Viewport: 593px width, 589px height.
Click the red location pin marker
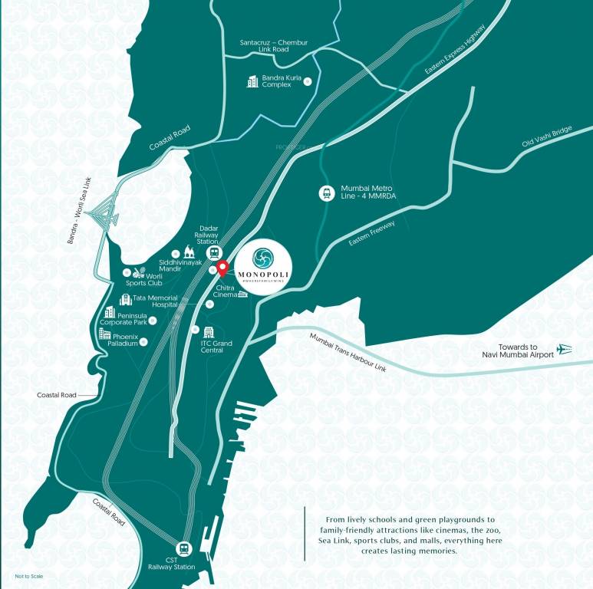point(222,268)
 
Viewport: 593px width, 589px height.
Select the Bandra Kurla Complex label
point(277,81)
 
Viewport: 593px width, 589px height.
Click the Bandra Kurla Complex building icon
point(252,81)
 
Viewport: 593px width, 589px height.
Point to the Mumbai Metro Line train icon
point(326,193)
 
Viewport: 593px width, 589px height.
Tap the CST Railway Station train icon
point(183,548)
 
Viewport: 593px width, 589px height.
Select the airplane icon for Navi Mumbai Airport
point(565,350)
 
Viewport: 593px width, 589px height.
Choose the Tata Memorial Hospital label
point(155,301)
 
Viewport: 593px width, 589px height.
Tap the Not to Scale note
point(25,576)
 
